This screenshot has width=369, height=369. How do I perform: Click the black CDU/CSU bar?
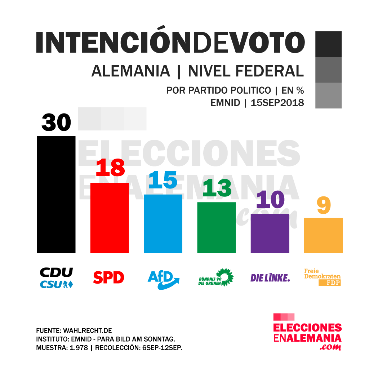pyautogui.click(x=56, y=195)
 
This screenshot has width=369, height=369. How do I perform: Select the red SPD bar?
pyautogui.click(x=109, y=218)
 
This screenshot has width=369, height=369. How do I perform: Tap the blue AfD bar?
pyautogui.click(x=163, y=223)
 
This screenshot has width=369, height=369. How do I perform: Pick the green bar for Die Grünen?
pyautogui.click(x=216, y=227)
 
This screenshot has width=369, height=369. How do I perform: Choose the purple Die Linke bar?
pyautogui.click(x=270, y=233)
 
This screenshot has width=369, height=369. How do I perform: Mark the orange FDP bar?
pyautogui.click(x=323, y=235)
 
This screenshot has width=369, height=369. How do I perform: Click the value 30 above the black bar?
pyautogui.click(x=56, y=123)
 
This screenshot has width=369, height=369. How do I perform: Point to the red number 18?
pyautogui.click(x=110, y=168)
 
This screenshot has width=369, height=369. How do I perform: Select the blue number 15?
pyautogui.click(x=163, y=180)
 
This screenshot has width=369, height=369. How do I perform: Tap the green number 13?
pyautogui.click(x=217, y=188)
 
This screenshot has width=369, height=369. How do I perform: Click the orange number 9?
pyautogui.click(x=324, y=206)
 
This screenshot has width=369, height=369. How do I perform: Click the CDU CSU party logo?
pyautogui.click(x=56, y=278)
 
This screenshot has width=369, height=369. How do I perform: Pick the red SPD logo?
pyautogui.click(x=108, y=277)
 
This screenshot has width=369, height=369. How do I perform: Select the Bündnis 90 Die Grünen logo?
pyautogui.click(x=216, y=277)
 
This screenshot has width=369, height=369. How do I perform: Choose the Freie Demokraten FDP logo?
pyautogui.click(x=323, y=277)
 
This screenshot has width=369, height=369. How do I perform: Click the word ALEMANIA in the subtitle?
pyautogui.click(x=131, y=71)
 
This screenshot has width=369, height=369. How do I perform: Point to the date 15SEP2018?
pyautogui.click(x=277, y=103)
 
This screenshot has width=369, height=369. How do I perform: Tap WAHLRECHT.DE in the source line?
pyautogui.click(x=88, y=330)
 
